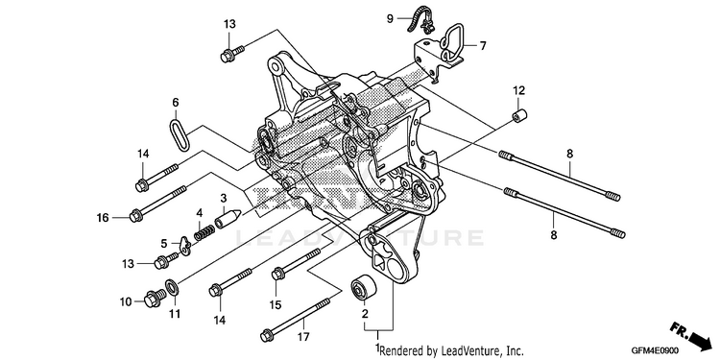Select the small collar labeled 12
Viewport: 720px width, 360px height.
519,116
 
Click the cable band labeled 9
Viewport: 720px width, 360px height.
421,22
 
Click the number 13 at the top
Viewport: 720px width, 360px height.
229,24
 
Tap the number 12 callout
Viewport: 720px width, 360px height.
518,90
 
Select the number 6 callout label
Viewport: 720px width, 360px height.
176,103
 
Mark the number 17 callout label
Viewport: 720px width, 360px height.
302,337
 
